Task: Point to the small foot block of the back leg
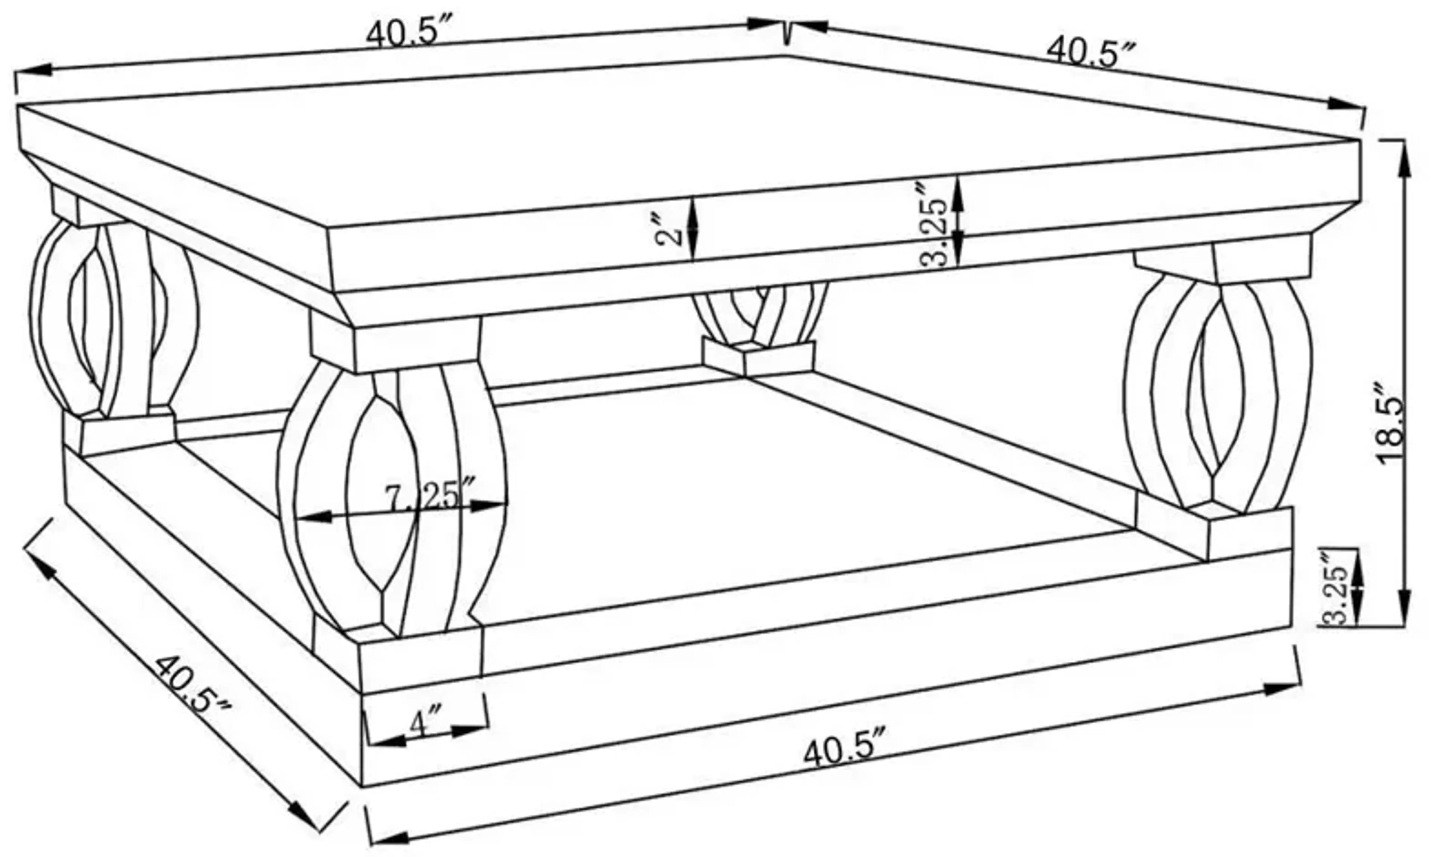click(x=757, y=358)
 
